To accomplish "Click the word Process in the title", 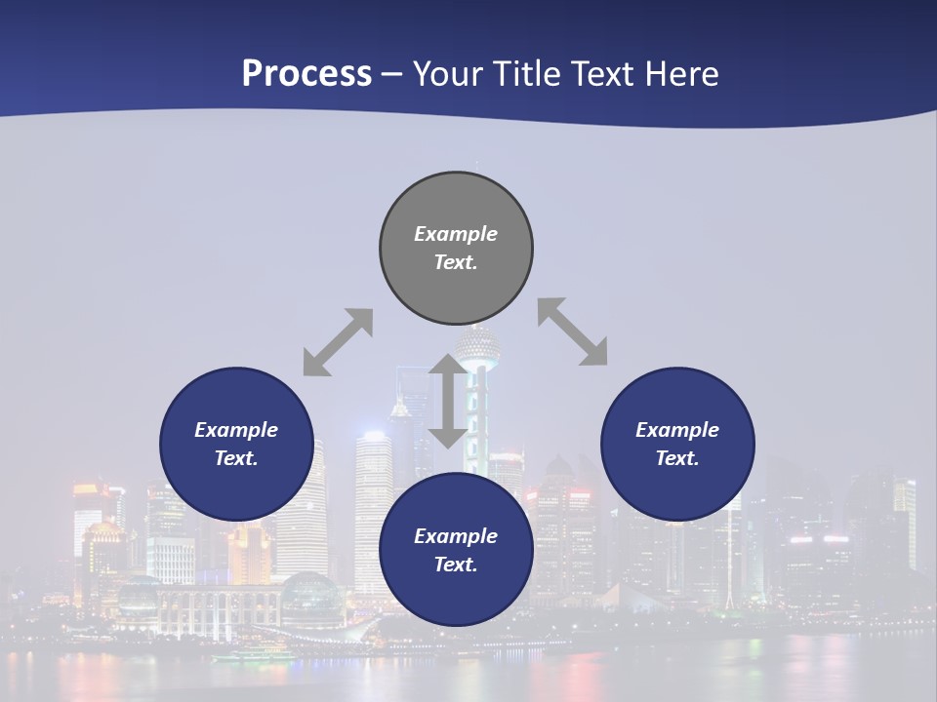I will (x=306, y=74).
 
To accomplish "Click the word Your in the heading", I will (x=445, y=74).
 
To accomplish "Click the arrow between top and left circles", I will (x=338, y=342).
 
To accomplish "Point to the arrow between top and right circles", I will (x=572, y=331).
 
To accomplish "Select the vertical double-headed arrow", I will (x=448, y=401).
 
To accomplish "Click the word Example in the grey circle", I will (x=456, y=234).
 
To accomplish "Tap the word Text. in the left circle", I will (x=236, y=458).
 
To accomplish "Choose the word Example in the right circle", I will (x=677, y=430).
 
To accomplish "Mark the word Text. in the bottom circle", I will (x=456, y=565).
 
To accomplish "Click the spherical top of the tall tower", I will (x=477, y=344).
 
